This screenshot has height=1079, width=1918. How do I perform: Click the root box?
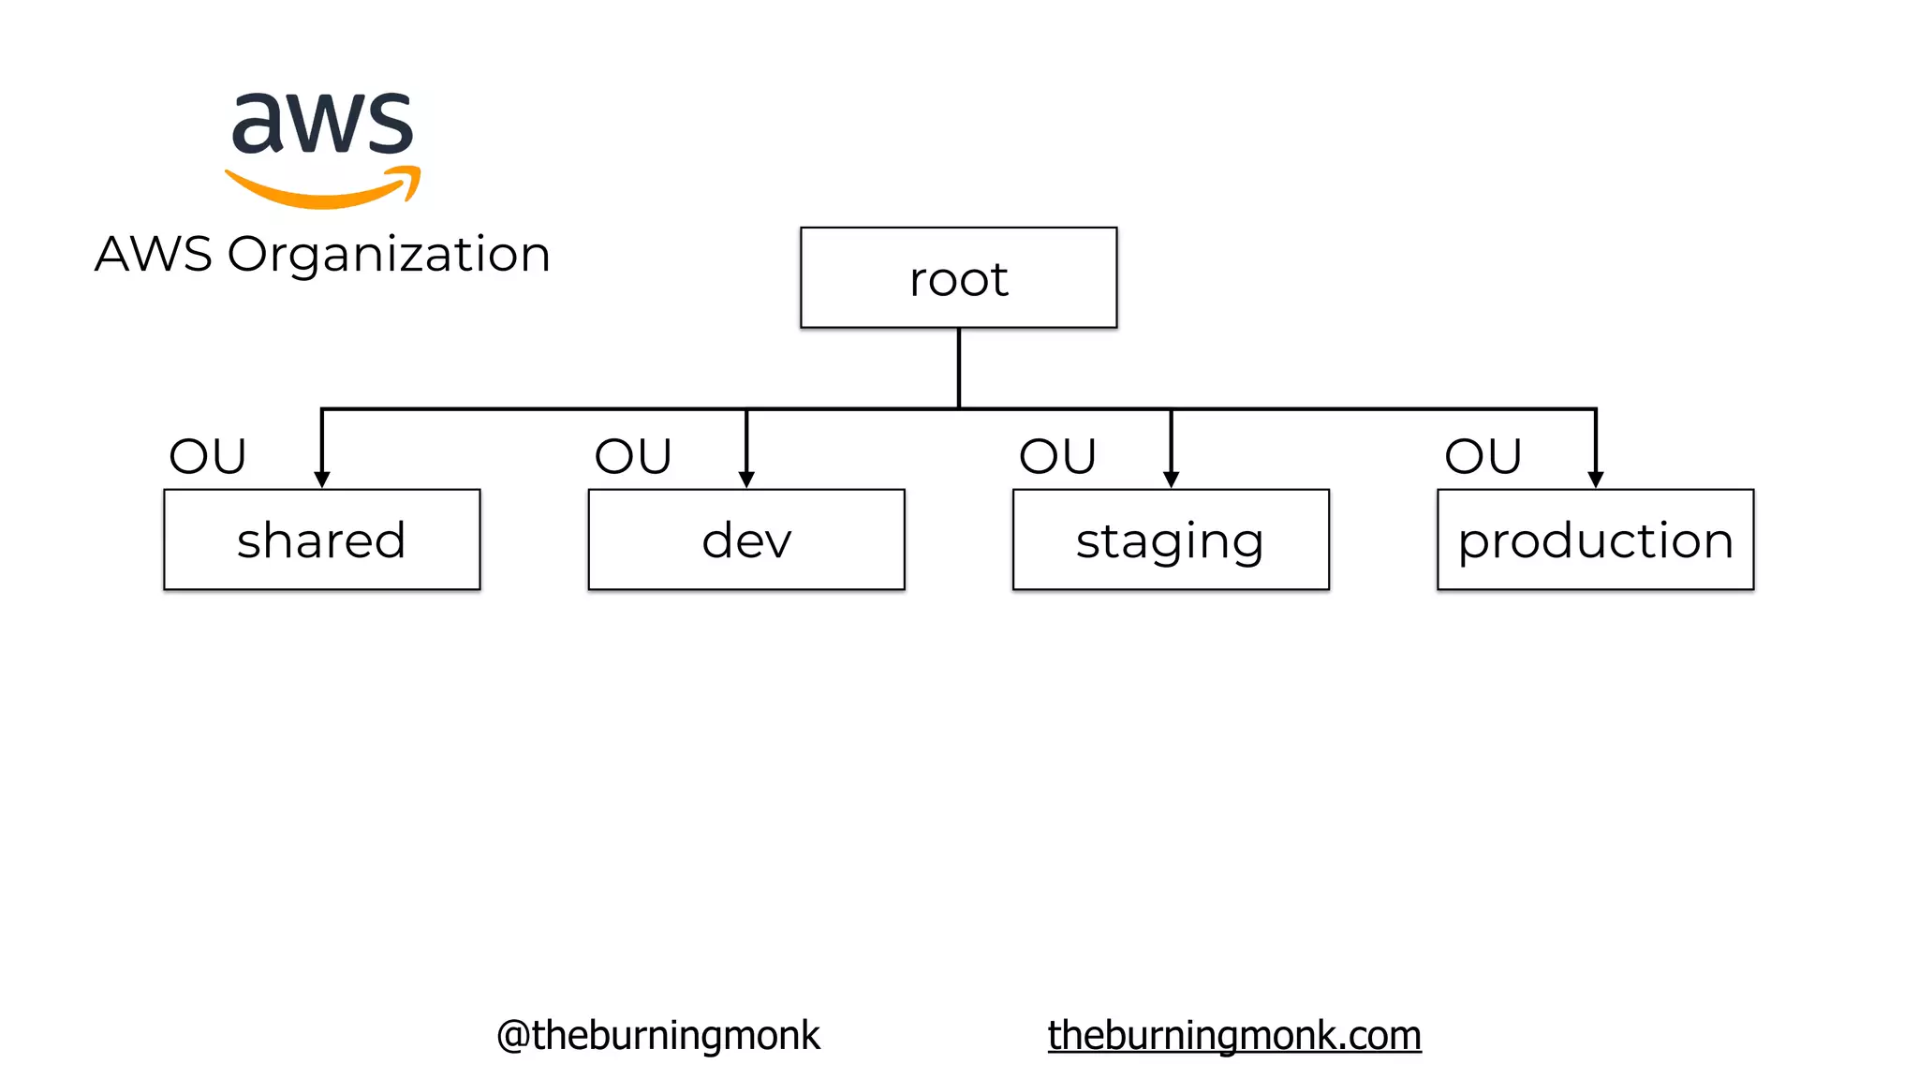coord(958,278)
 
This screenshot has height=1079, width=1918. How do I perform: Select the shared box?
coord(321,539)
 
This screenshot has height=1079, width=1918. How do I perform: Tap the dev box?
coord(746,539)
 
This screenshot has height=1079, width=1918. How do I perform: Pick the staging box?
coord(1171,539)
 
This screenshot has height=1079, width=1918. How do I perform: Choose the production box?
coord(1595,539)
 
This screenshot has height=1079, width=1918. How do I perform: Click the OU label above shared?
coord(207,457)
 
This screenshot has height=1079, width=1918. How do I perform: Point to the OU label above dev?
coord(633,457)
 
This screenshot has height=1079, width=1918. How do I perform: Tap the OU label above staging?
coord(1057,457)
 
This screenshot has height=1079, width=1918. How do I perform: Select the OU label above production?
coord(1483,457)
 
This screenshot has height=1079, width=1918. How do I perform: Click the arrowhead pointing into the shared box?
coord(322,480)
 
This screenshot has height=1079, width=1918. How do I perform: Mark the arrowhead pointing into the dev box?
coord(746,480)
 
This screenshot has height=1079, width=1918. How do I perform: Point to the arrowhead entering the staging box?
coord(1171,480)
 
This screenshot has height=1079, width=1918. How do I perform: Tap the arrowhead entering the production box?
coord(1596,480)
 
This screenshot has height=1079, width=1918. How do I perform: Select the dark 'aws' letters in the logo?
coord(322,124)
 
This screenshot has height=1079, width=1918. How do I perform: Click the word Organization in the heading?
coord(389,255)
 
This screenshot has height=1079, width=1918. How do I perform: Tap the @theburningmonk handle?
coord(657,1036)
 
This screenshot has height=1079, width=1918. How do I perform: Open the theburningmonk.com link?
coord(1234,1036)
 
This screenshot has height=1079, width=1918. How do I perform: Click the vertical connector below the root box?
coord(959,367)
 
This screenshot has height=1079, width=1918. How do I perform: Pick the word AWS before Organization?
coord(154,255)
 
